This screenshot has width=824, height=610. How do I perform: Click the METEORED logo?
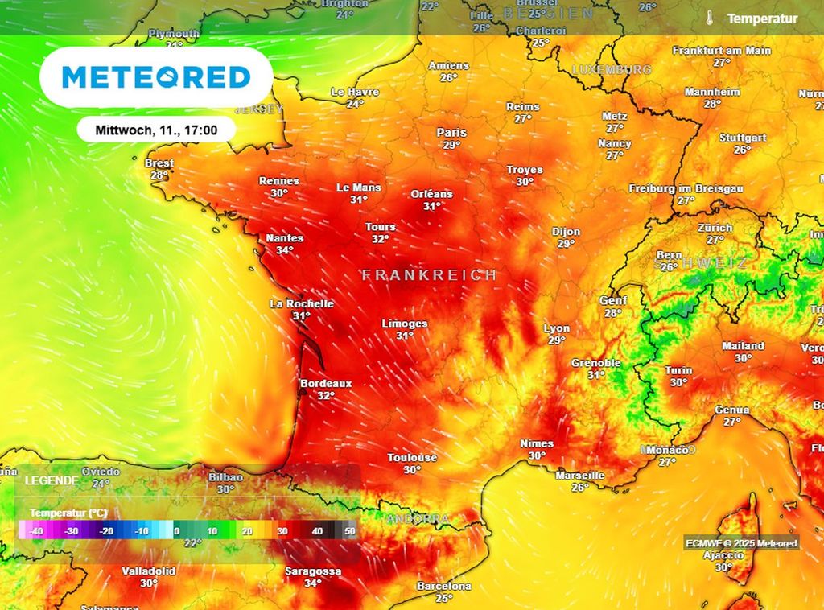[x=156, y=77]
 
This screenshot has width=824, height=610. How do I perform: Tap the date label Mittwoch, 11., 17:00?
[x=155, y=129]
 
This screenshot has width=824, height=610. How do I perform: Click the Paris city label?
[x=451, y=133]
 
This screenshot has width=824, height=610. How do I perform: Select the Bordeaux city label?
[x=326, y=384]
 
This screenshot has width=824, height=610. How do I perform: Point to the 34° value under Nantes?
[x=285, y=250]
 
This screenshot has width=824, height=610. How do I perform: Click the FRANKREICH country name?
[x=429, y=275]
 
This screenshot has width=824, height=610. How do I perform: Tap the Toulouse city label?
[x=412, y=458]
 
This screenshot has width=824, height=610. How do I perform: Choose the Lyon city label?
[x=557, y=328]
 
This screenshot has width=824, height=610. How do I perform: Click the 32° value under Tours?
[x=381, y=239]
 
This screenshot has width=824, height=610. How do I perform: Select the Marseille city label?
[x=580, y=476]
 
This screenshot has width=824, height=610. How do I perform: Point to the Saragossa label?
[x=313, y=571]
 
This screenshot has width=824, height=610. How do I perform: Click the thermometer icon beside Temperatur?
[x=710, y=18]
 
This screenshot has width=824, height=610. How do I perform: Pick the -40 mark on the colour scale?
[x=35, y=531]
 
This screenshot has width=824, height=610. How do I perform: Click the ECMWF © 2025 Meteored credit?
[x=741, y=543]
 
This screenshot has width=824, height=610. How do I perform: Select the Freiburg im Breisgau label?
[x=686, y=188]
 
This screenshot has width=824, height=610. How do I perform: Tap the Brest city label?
[x=159, y=163]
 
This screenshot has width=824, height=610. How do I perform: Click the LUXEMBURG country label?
[x=612, y=70]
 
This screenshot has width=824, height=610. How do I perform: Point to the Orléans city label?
[x=432, y=194]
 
